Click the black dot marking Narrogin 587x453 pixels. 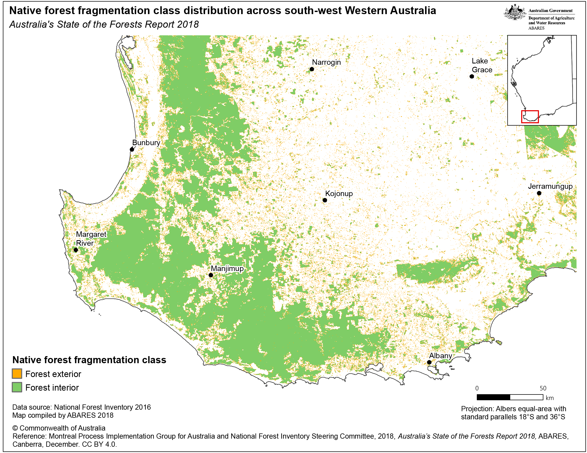pos(312,69)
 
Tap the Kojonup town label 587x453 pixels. pos(339,193)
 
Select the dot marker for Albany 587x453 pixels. pos(429,362)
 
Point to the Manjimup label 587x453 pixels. pos(227,268)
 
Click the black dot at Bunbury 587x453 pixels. pos(132,149)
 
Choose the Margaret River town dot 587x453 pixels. pos(76,250)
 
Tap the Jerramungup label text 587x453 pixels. pos(550,186)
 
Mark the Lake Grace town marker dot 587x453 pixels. pos(472,76)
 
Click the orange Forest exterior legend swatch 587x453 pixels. pos(17,374)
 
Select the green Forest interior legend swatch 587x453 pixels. pos(17,387)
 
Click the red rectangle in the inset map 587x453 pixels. pos(530,117)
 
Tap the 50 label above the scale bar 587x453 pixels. pos(543,388)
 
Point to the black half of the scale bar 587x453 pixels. pos(493,397)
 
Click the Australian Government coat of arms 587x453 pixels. pos(514,12)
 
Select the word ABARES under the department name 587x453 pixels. pos(536,28)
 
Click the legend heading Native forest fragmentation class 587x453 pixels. pos(89,360)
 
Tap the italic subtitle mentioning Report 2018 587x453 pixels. pos(104,25)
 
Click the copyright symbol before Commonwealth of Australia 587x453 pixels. pos(15,428)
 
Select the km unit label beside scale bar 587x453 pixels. pos(550,398)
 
